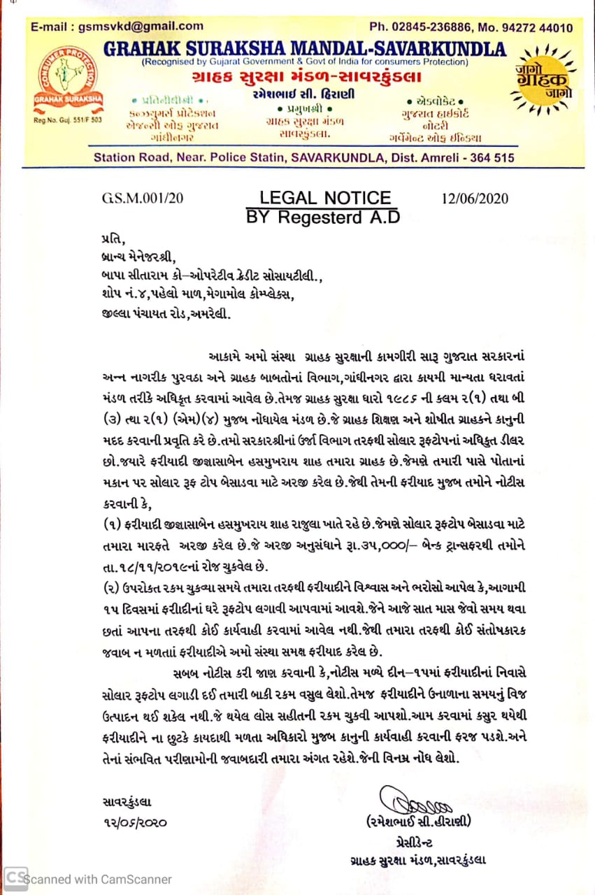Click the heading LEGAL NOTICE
click(x=325, y=198)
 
